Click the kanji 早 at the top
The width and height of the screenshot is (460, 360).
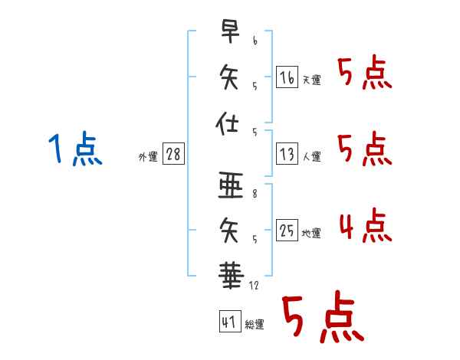pos(230,31)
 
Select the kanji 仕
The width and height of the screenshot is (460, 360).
pos(227,123)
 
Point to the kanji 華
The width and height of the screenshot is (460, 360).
pos(232,276)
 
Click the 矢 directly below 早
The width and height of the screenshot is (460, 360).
pos(229,77)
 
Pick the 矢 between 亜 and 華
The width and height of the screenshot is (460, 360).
pos(229,231)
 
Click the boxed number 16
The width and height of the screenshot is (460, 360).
pos(287,77)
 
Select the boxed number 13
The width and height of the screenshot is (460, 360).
pos(287,154)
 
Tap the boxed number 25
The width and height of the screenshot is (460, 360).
pos(287,230)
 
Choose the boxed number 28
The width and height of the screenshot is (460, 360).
pos(173,154)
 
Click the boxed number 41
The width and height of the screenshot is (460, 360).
pos(230,322)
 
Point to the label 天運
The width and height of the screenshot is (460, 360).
pos(312,80)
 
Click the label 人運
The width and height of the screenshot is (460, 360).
pos(312,156)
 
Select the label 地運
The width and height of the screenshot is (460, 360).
pos(311,234)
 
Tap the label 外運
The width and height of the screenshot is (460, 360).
pos(148,157)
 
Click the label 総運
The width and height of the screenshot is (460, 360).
pos(255,325)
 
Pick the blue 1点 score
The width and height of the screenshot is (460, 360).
pos(75,148)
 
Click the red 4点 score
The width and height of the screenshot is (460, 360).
pos(366,225)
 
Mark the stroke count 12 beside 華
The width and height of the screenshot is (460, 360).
pos(254,286)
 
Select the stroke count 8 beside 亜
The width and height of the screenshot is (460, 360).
pos(255,194)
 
